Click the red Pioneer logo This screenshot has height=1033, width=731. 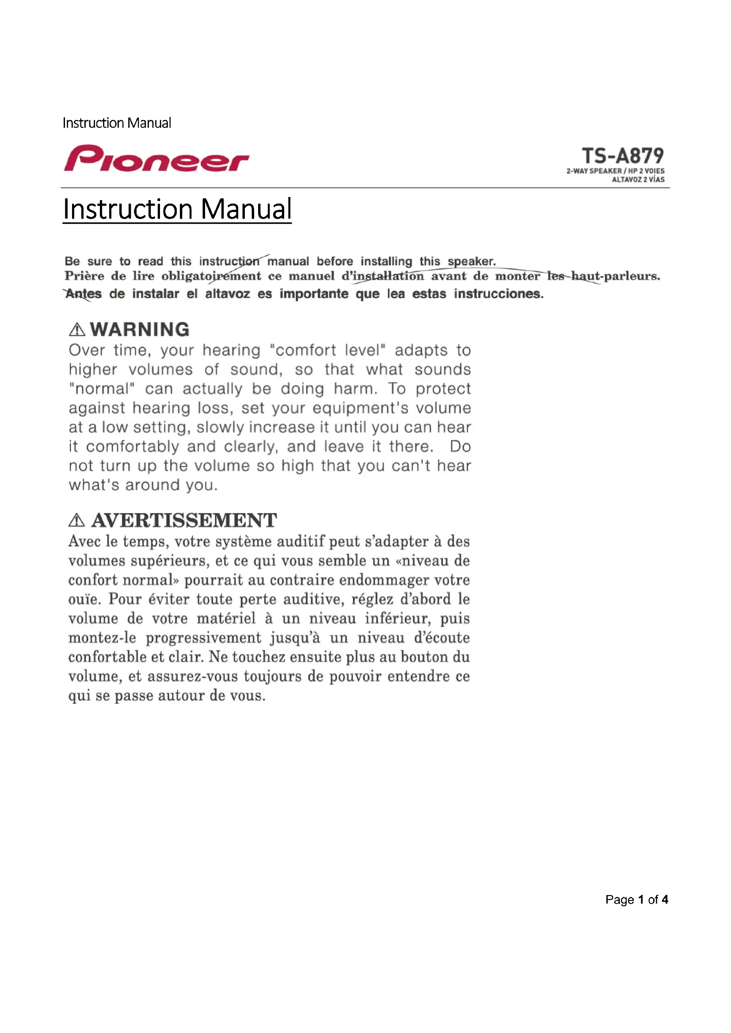pyautogui.click(x=156, y=159)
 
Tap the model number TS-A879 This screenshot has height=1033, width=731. pyautogui.click(x=623, y=156)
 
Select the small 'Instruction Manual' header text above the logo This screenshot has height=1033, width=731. pyautogui.click(x=117, y=123)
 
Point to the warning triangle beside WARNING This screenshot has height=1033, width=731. pyautogui.click(x=77, y=330)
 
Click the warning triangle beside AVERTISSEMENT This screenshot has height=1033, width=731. pyautogui.click(x=76, y=521)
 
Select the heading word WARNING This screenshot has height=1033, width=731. pyautogui.click(x=140, y=330)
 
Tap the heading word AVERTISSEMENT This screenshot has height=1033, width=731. pyautogui.click(x=184, y=521)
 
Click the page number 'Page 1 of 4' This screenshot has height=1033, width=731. pyautogui.click(x=636, y=899)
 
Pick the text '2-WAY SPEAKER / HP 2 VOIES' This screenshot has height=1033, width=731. pyautogui.click(x=615, y=171)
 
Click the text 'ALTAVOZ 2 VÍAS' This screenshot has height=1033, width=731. pyautogui.click(x=638, y=179)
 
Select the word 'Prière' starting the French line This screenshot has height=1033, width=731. pyautogui.click(x=84, y=276)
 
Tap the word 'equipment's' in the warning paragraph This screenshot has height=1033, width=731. pyautogui.click(x=361, y=408)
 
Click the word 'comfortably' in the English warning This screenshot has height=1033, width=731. pyautogui.click(x=133, y=447)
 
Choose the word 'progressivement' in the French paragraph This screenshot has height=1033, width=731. pyautogui.click(x=203, y=638)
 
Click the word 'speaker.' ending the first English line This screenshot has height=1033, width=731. pyautogui.click(x=471, y=261)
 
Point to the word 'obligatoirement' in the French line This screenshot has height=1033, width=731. pyautogui.click(x=211, y=276)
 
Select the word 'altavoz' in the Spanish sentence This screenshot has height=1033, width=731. pyautogui.click(x=227, y=294)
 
